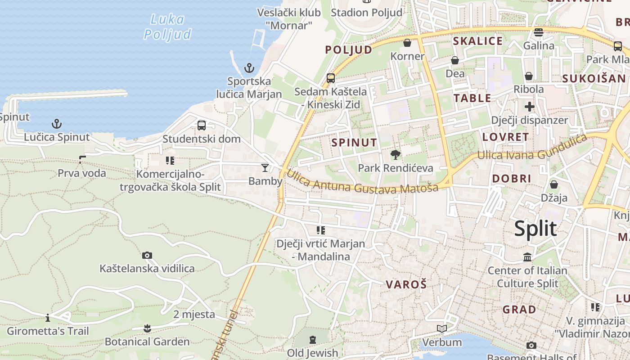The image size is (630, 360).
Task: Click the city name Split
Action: tap(535, 229)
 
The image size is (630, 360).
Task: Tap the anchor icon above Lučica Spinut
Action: tap(57, 124)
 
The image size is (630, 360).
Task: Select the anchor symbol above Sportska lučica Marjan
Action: tap(249, 68)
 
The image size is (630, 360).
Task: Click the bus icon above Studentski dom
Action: tap(202, 126)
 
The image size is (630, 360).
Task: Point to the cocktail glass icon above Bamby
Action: tap(265, 168)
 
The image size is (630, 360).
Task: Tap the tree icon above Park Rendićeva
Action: tap(396, 155)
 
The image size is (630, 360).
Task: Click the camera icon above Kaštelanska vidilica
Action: tap(147, 255)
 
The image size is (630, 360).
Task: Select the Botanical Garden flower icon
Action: tap(147, 328)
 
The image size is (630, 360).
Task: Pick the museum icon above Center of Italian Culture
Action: tap(527, 257)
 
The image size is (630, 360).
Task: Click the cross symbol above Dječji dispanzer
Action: tap(529, 107)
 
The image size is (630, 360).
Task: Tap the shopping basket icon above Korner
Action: tap(407, 43)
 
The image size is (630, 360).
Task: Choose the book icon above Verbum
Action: tap(442, 329)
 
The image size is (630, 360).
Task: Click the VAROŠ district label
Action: tap(406, 284)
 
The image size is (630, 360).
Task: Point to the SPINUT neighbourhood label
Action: tap(354, 143)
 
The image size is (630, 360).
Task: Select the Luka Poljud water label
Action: tap(167, 27)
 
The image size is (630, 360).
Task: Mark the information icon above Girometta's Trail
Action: tap(48, 318)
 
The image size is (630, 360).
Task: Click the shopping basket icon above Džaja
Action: tap(554, 184)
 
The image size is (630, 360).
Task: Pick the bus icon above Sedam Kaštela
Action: tap(331, 78)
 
